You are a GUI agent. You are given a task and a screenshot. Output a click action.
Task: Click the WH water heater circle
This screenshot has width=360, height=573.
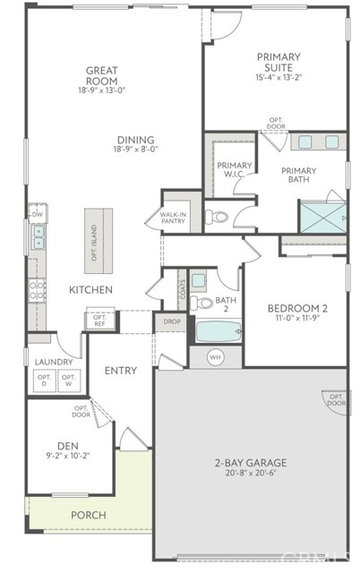[215, 357]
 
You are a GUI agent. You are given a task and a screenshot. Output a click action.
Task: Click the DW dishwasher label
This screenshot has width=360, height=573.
[38, 215]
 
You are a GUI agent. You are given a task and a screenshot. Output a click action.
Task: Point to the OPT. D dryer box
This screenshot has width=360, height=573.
[44, 381]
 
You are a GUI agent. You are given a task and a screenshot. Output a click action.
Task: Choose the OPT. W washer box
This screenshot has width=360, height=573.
[68, 381]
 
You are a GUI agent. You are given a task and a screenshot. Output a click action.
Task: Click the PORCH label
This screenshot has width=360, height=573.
[88, 515]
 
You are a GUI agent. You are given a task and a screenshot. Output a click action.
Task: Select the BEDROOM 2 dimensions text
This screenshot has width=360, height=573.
[297, 319]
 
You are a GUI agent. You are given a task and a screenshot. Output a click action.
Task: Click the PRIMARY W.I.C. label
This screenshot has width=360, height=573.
[235, 168]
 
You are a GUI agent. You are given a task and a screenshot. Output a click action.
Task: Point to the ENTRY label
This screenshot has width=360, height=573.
[120, 370]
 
